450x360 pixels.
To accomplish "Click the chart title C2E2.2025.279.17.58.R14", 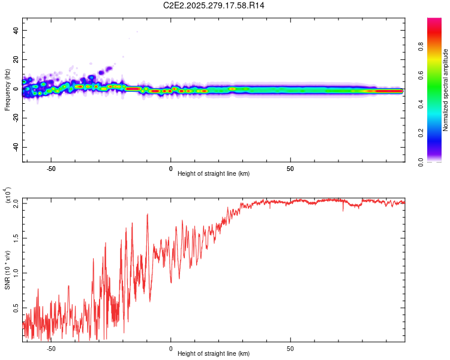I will pyautogui.click(x=214, y=5).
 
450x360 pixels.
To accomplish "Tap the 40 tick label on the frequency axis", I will pyautogui.click(x=16, y=30).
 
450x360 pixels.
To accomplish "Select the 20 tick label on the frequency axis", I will pyautogui.click(x=16, y=59).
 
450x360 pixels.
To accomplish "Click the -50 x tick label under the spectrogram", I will pyautogui.click(x=51, y=169).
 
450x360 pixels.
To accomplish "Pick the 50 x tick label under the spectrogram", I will pyautogui.click(x=290, y=169).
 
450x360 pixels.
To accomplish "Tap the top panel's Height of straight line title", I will pyautogui.click(x=214, y=175).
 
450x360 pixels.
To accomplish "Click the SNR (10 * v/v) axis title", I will pyautogui.click(x=8, y=269).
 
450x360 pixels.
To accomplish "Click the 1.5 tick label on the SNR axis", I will pyautogui.click(x=16, y=238).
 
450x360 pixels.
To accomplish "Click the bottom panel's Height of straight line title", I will pyautogui.click(x=214, y=353).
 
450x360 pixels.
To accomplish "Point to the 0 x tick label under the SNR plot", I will pyautogui.click(x=170, y=347).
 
